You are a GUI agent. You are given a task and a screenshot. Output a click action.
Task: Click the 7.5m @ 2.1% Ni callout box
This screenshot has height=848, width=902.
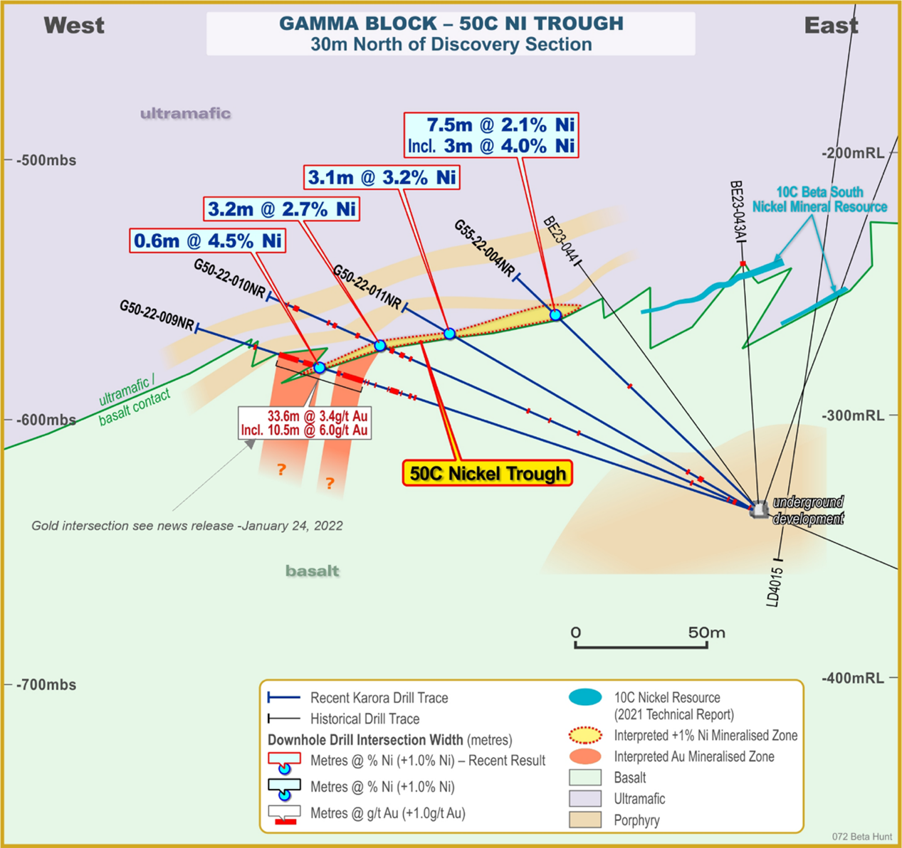pyautogui.click(x=491, y=135)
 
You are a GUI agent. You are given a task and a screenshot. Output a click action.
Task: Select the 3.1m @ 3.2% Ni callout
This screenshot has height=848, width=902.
pyautogui.click(x=382, y=177)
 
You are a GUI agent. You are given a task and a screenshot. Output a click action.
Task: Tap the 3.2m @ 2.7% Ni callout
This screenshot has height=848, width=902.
pyautogui.click(x=281, y=209)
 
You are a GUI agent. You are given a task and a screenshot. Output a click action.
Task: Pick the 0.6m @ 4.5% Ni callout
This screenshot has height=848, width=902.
pyautogui.click(x=208, y=240)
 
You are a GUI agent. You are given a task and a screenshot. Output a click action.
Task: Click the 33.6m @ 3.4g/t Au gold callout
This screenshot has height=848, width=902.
pyautogui.click(x=304, y=423)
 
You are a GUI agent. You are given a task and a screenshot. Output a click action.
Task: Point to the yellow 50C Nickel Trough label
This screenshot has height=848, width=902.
pyautogui.click(x=488, y=474)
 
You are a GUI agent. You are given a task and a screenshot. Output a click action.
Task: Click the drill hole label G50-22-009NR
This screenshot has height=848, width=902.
pyautogui.click(x=157, y=315)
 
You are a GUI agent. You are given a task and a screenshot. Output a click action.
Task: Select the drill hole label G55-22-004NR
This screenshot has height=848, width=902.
pyautogui.click(x=485, y=249)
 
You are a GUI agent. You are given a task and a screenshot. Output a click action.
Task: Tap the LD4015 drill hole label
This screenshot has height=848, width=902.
pyautogui.click(x=772, y=587)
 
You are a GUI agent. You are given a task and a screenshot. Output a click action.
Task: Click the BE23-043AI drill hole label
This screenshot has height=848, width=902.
pyautogui.click(x=737, y=212)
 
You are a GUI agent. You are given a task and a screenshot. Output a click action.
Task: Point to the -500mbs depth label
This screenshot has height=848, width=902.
pyautogui.click(x=46, y=160)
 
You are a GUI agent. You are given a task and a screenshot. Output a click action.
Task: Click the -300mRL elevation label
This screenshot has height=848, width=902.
pyautogui.click(x=853, y=415)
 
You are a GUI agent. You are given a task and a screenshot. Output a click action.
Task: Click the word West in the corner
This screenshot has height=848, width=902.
pyautogui.click(x=74, y=26)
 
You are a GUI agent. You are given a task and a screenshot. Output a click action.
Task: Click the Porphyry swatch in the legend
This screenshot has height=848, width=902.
pyautogui.click(x=585, y=820)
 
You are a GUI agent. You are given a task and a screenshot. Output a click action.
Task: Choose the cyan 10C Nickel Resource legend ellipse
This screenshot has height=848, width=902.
pyautogui.click(x=585, y=697)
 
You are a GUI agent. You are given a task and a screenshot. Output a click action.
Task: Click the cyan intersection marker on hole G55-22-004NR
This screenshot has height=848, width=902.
pyautogui.click(x=555, y=314)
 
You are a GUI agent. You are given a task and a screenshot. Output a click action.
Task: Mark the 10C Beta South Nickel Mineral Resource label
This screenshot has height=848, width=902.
pyautogui.click(x=820, y=199)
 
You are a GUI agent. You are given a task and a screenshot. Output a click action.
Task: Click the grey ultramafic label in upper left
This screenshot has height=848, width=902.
pyautogui.click(x=185, y=113)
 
